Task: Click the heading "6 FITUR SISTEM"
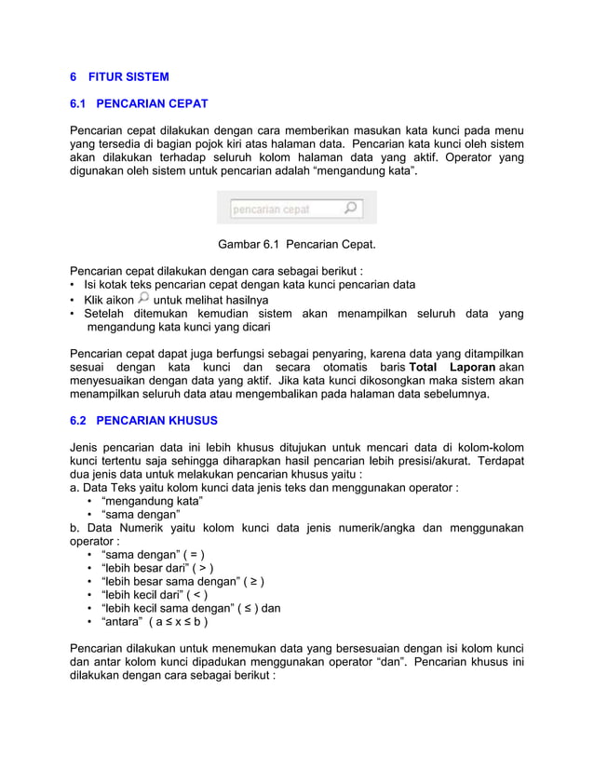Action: point(119,76)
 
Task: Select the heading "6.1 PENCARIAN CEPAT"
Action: point(139,103)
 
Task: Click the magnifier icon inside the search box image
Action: point(350,209)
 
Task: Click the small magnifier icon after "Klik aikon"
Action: point(143,299)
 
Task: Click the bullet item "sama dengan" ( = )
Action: point(152,556)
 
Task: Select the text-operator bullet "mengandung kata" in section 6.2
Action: point(151,501)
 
